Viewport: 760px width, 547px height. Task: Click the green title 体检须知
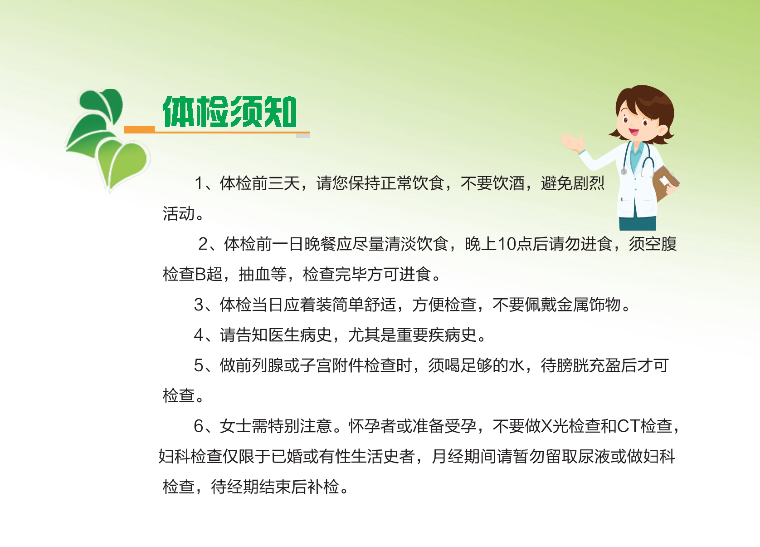[x=230, y=112]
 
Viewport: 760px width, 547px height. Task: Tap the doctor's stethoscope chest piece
[x=624, y=172]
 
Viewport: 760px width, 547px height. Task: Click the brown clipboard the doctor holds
[x=665, y=183]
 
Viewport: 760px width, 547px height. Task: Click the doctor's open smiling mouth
[x=633, y=131]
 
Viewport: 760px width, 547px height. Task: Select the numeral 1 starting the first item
[x=199, y=183]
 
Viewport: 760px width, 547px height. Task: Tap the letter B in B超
[x=200, y=274]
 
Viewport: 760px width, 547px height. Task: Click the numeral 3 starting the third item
[x=199, y=305]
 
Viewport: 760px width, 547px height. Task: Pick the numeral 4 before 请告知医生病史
[x=199, y=335]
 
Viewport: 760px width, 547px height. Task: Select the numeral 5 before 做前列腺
[x=199, y=366]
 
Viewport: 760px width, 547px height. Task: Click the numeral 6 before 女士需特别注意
[x=199, y=426]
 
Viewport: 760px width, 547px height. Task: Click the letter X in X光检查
[x=546, y=426]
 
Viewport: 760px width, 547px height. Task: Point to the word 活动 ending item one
[x=179, y=213]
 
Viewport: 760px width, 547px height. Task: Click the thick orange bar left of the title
[x=140, y=129]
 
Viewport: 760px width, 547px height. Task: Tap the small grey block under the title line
[x=302, y=135]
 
